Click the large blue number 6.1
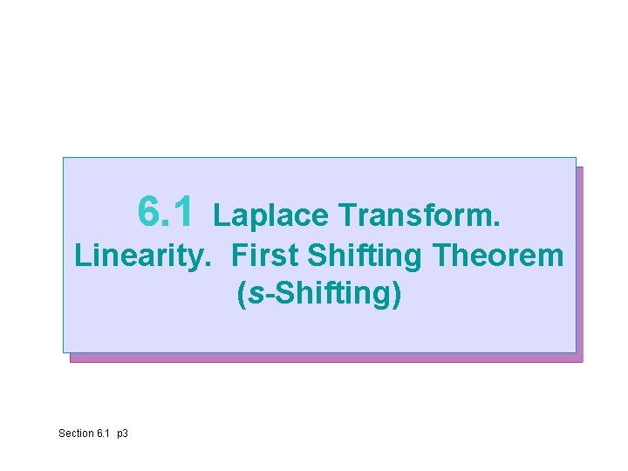[168, 210]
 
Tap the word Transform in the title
[419, 215]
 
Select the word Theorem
[500, 256]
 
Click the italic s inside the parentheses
[255, 294]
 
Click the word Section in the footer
[76, 433]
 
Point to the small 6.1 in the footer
[104, 433]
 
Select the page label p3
[122, 433]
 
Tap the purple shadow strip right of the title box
[579, 262]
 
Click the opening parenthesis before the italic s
[242, 295]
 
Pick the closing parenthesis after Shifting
[398, 295]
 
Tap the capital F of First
[240, 256]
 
